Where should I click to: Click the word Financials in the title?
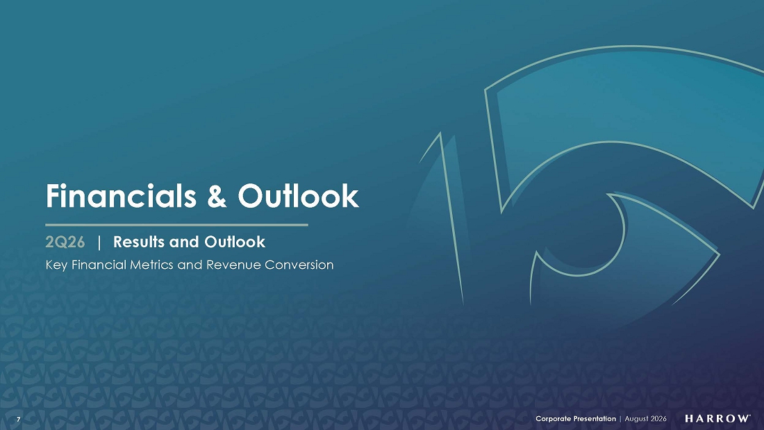click(121, 196)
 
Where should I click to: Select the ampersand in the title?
click(217, 197)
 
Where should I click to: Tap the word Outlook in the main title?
click(298, 196)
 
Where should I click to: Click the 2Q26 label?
click(65, 242)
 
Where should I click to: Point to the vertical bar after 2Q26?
click(99, 242)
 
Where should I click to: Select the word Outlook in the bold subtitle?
click(235, 242)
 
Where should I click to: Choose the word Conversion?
click(299, 265)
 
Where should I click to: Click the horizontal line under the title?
click(177, 225)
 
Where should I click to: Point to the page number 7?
click(19, 420)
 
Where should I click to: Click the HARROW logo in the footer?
click(717, 419)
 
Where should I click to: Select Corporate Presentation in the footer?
click(576, 419)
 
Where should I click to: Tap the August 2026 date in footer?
click(646, 419)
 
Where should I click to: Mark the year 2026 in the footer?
click(658, 419)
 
